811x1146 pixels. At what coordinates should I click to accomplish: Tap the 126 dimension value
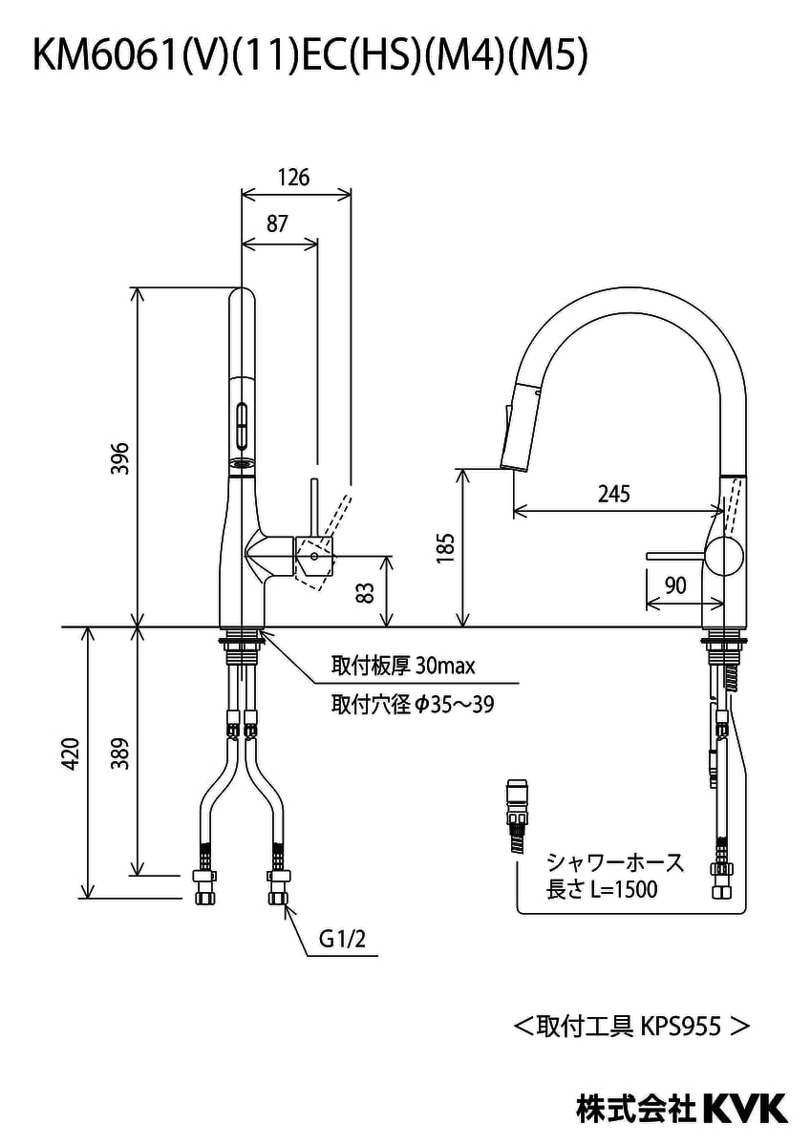coord(294,177)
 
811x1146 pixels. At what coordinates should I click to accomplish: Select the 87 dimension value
coord(277,224)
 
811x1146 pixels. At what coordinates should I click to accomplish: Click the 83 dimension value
coord(364,592)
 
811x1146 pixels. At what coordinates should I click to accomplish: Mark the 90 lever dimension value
coord(675,584)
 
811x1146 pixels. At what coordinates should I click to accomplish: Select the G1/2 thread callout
coord(342,940)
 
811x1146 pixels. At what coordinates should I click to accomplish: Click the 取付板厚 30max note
coord(402,665)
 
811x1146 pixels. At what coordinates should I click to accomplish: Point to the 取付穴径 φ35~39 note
coord(412,705)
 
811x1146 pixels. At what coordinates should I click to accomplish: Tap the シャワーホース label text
coord(615,863)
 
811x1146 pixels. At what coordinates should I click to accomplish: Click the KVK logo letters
coord(746,1108)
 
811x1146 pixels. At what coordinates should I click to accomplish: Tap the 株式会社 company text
coord(637,1109)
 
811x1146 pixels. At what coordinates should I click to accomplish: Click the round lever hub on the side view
coord(725,556)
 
